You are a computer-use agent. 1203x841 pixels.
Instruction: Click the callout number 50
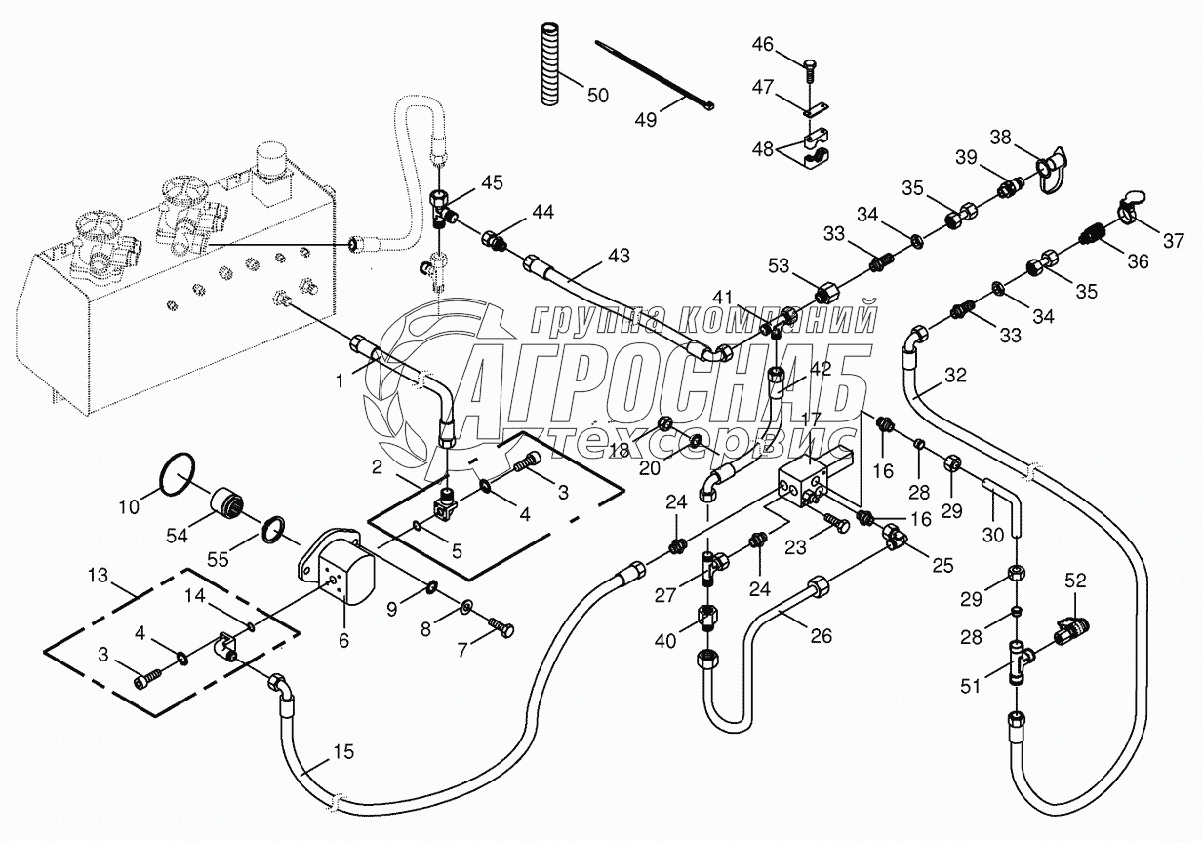(597, 95)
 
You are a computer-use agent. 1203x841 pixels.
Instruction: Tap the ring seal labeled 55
(277, 531)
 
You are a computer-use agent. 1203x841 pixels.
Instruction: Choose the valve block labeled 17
(802, 483)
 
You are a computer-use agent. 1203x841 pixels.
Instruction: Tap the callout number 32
(956, 375)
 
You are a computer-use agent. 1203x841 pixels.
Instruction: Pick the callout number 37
(1174, 240)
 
